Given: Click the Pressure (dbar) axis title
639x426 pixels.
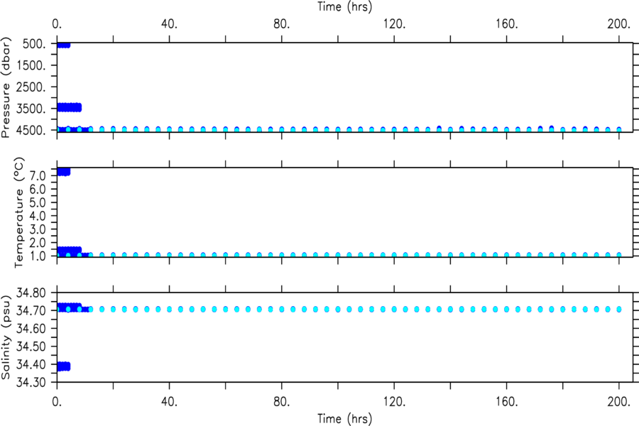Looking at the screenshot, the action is (x=6, y=87).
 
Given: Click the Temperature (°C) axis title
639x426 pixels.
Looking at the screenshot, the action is (x=19, y=213).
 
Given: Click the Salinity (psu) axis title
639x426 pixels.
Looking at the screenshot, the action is (x=6, y=337).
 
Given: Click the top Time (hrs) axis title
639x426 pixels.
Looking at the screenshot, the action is (x=345, y=7).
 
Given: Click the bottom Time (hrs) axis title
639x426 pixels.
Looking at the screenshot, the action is (x=345, y=419).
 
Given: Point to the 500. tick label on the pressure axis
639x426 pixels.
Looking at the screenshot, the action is (x=34, y=44).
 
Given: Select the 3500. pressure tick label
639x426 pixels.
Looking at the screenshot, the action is (x=31, y=109).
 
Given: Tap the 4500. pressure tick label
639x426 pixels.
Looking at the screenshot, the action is (x=31, y=131).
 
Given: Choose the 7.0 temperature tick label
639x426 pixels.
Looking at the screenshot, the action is (x=37, y=176).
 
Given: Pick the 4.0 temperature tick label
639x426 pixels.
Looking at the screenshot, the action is (x=37, y=216).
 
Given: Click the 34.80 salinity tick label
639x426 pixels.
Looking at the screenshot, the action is (x=31, y=293).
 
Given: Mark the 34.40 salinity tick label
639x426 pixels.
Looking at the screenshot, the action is (x=31, y=364).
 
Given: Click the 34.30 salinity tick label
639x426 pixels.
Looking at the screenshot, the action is (x=31, y=383).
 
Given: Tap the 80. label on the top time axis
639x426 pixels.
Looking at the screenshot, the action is (x=282, y=24).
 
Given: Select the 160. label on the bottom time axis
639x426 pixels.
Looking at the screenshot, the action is (x=506, y=402).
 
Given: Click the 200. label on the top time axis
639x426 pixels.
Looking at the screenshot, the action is (x=619, y=24).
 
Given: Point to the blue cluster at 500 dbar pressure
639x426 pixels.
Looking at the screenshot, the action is (x=64, y=45).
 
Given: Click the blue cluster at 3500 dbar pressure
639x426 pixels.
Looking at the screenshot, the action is (x=70, y=108).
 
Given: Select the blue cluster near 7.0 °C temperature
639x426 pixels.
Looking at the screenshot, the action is (x=64, y=172).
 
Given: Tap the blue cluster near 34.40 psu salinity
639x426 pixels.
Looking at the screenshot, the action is (x=64, y=366).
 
